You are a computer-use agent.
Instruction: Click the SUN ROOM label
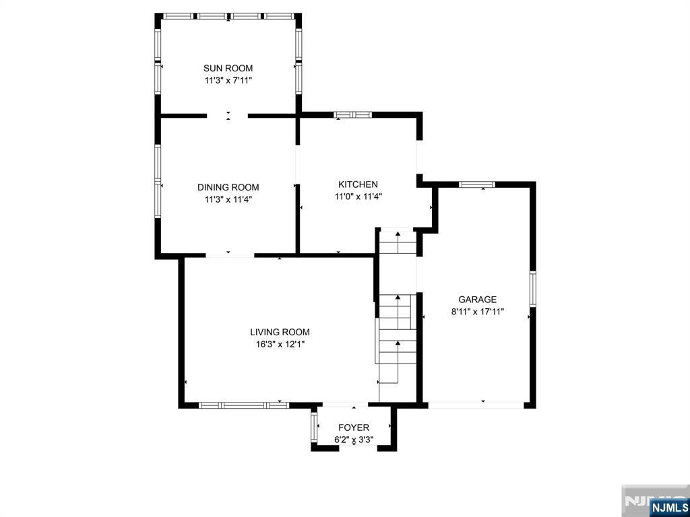pos(228,68)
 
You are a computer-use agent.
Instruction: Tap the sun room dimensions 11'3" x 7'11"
pos(228,80)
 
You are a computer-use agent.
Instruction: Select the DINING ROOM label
pos(228,187)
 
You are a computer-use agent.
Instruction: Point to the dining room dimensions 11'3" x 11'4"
pos(228,199)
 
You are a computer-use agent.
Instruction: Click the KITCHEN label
pos(358,184)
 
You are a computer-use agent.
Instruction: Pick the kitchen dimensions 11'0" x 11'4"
pos(358,197)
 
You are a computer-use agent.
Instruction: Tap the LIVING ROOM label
pos(280,332)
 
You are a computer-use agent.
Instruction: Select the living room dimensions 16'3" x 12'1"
pos(280,344)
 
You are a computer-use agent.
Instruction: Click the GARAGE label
pos(477,300)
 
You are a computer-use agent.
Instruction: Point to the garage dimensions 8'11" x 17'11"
pos(477,312)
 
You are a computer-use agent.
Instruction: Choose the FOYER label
pos(354,427)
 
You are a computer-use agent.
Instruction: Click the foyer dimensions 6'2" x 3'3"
pos(354,440)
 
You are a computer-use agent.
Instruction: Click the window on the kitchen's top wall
pos(353,115)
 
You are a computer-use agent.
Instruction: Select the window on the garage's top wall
pos(477,184)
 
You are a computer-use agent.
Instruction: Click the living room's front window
pos(244,405)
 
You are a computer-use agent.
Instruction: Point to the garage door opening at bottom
pos(476,405)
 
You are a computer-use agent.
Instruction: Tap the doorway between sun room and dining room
pos(228,116)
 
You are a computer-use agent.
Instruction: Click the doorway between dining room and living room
pos(230,256)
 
